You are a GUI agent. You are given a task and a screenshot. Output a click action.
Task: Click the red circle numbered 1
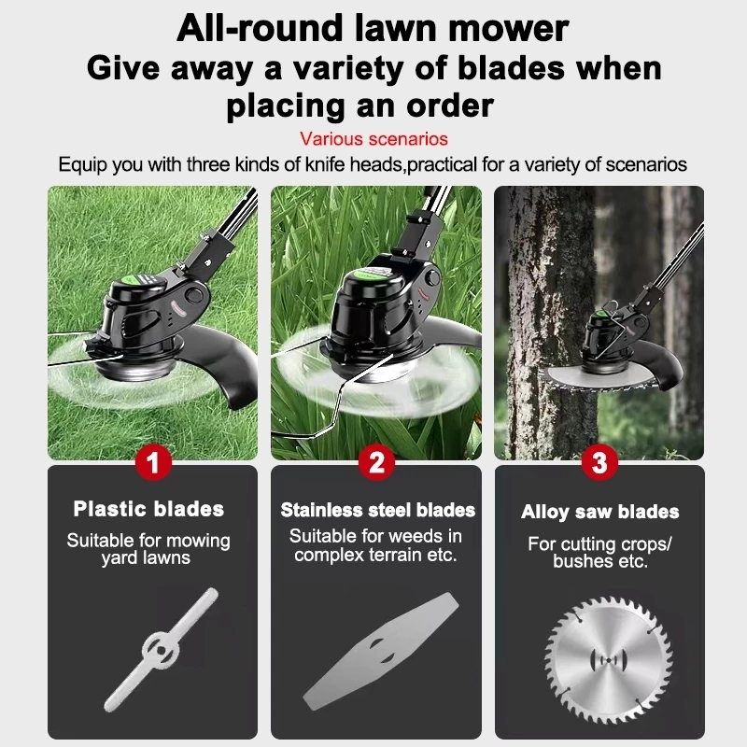[153, 462]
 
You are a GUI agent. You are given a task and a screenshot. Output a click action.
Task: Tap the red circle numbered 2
[376, 462]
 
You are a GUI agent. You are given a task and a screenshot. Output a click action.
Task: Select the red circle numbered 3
[599, 462]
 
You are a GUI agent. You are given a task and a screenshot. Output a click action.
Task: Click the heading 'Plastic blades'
[148, 509]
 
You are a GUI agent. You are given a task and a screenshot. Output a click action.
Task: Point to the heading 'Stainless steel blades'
[377, 510]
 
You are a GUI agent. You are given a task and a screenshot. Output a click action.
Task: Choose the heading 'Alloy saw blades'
[599, 512]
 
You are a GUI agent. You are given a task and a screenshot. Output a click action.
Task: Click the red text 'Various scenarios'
[373, 139]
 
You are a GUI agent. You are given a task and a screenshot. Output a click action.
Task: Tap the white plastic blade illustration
[161, 650]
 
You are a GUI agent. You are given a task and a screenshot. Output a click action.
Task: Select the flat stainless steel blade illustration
[381, 651]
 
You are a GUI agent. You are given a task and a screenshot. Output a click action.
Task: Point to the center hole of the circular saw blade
[609, 660]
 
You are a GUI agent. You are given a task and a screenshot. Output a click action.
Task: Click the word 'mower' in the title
[508, 28]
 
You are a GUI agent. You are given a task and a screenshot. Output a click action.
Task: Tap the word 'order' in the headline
[450, 106]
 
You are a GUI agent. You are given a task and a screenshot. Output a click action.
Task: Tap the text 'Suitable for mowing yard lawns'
[148, 549]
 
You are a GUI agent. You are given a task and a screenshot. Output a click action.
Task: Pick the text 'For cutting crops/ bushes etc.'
[599, 553]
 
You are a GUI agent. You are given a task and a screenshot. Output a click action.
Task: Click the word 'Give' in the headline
[123, 68]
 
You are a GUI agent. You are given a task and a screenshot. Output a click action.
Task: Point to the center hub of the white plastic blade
[161, 650]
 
